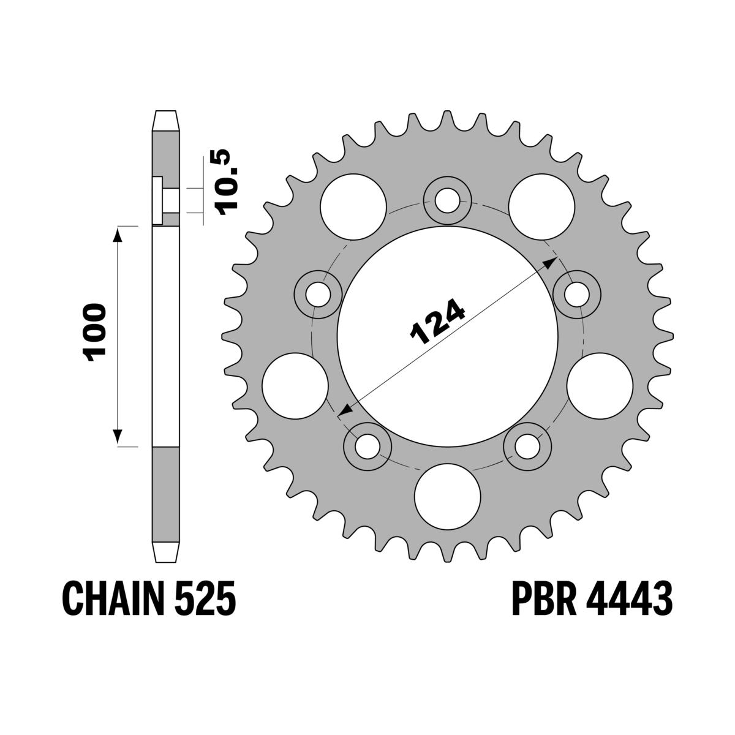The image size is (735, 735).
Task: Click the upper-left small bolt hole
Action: click(x=318, y=292)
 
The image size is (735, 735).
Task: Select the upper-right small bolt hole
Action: click(x=576, y=292)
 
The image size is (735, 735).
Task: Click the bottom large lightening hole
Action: click(x=447, y=495)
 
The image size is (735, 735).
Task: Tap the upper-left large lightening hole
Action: click(x=353, y=204)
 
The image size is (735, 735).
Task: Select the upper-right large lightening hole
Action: click(x=540, y=204)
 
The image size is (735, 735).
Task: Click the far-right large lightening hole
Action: click(x=599, y=384)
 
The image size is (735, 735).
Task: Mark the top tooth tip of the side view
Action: click(x=165, y=113)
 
